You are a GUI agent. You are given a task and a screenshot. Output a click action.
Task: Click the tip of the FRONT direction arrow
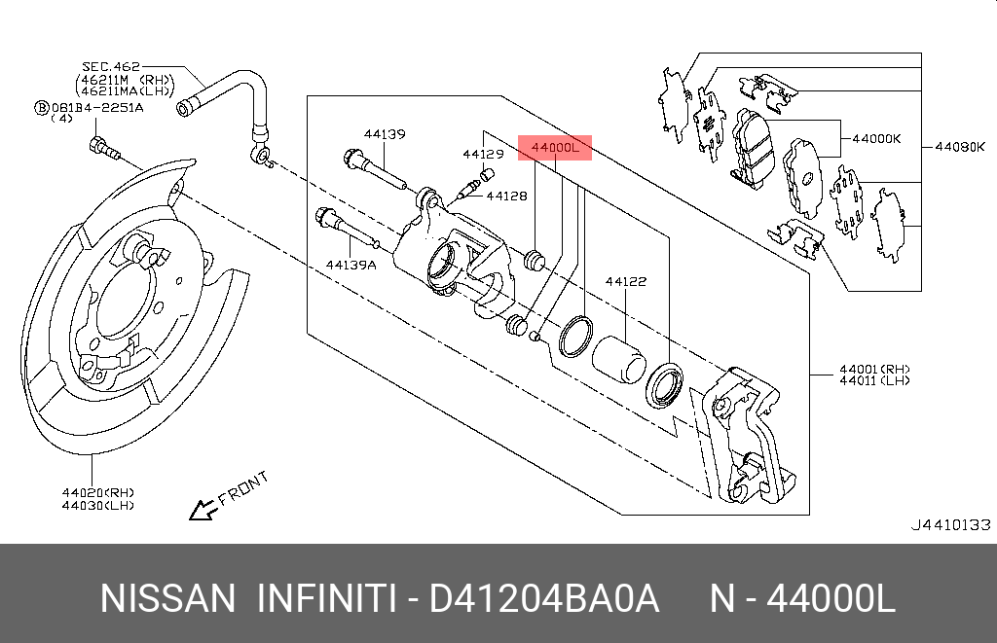pos(190,518)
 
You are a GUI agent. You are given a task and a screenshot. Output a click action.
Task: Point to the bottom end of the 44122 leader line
pos(626,345)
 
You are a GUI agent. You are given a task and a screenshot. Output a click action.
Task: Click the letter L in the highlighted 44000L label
pos(574,148)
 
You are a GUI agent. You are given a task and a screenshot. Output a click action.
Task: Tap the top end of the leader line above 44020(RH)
pos(92,455)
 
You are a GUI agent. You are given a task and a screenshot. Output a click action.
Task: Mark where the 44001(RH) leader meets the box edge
pos(809,375)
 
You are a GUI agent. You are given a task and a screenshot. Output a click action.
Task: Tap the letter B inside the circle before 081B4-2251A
pos(41,108)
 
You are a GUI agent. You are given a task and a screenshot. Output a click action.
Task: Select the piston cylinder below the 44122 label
pos(618,360)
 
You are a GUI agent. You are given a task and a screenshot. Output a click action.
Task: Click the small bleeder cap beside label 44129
pos(487,173)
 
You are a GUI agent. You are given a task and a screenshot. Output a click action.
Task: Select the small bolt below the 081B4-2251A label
pos(104,149)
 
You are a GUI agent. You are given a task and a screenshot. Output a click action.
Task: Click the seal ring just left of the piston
pos(575,336)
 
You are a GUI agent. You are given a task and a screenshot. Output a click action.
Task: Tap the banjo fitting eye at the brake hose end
pos(261,155)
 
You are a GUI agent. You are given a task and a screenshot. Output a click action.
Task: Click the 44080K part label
pos(959,148)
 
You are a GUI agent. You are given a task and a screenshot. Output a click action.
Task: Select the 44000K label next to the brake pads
pos(876,139)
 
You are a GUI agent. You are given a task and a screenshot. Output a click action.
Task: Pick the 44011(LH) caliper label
pos(874,380)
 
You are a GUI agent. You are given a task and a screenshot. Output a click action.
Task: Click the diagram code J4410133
pos(950,525)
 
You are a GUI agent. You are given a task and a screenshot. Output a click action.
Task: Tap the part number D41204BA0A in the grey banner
pos(543,598)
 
